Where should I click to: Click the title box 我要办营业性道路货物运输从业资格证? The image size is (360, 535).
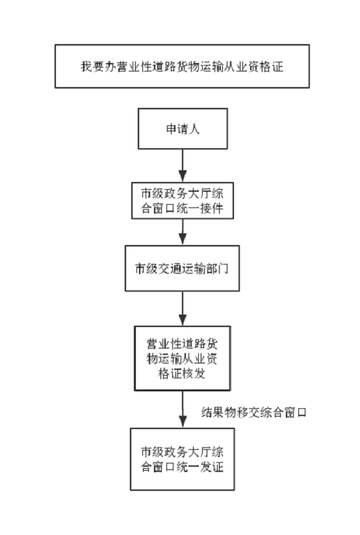point(182,66)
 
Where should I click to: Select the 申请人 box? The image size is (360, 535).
point(183,129)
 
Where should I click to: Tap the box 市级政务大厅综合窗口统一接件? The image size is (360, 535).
point(183,201)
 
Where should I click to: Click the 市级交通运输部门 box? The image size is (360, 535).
point(182,268)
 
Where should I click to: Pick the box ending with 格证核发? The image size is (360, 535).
point(183,358)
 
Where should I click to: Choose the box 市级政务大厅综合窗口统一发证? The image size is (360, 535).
point(183,459)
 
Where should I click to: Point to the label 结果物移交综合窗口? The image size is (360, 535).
point(253,413)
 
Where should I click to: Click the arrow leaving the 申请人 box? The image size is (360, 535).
point(183,166)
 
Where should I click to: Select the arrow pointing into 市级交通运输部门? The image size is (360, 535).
point(183,232)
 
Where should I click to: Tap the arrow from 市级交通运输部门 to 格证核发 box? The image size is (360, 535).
point(183,309)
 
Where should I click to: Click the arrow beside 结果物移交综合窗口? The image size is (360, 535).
point(183,410)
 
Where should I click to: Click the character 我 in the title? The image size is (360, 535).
point(86,66)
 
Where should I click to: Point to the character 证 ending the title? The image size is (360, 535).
point(277,66)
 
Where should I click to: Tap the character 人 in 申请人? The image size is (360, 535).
point(194,129)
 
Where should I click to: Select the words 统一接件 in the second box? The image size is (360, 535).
point(200,209)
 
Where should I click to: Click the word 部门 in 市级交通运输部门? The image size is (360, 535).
point(217,268)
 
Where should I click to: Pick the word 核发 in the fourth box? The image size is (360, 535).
point(194,374)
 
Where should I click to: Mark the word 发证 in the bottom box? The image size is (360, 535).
point(212,467)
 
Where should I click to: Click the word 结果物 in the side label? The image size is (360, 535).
point(218,413)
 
